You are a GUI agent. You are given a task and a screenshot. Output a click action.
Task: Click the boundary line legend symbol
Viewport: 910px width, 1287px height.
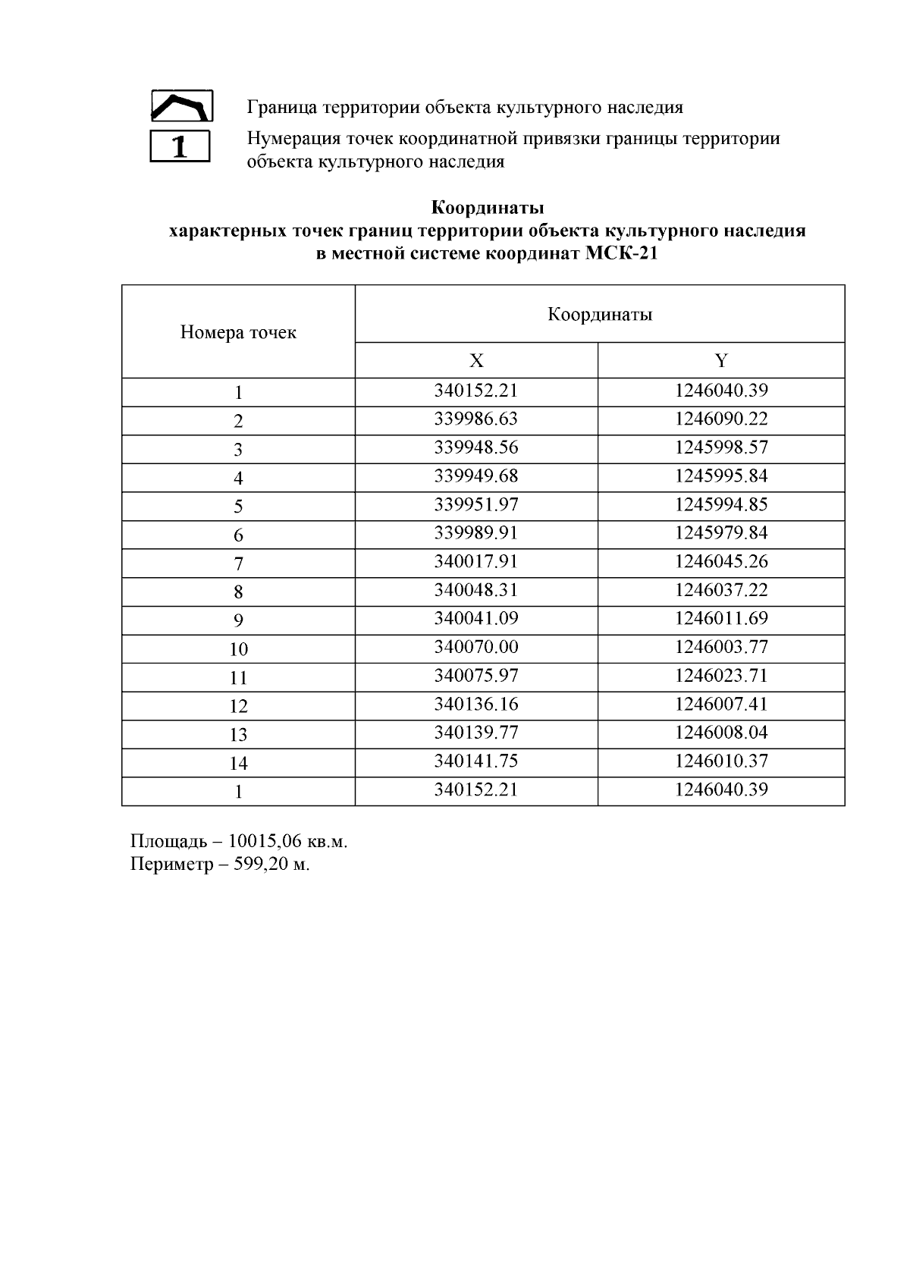click(x=181, y=106)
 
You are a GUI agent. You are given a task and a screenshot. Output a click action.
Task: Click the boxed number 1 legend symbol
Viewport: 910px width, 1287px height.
click(x=180, y=146)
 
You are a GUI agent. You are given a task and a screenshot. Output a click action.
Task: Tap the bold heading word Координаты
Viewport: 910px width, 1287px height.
click(x=488, y=207)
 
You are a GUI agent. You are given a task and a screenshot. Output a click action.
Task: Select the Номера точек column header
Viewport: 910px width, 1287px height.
click(x=238, y=332)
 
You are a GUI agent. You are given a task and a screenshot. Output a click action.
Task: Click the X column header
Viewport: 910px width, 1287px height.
click(x=476, y=361)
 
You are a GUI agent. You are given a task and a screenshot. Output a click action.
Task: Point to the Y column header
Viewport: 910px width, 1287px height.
click(x=721, y=361)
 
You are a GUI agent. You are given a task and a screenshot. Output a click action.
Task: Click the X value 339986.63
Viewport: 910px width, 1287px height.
click(x=476, y=419)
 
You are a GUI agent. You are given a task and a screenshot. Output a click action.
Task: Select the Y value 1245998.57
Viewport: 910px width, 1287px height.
click(x=721, y=447)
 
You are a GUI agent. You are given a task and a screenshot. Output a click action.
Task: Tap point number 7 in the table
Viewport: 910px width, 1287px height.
click(x=238, y=563)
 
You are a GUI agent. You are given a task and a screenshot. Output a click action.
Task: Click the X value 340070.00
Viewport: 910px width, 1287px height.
click(x=476, y=647)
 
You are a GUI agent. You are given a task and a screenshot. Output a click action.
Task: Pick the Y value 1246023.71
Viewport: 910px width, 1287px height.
click(x=721, y=676)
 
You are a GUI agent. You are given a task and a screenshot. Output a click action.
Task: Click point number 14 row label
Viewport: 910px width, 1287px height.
click(x=238, y=763)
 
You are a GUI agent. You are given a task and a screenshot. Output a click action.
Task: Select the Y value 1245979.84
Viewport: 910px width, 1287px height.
click(x=721, y=533)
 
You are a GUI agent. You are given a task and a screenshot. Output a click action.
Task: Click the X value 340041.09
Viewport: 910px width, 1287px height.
click(x=476, y=619)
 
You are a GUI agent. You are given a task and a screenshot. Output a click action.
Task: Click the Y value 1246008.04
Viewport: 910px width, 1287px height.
click(x=721, y=733)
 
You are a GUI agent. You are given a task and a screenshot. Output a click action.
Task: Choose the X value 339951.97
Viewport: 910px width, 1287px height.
click(x=476, y=505)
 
